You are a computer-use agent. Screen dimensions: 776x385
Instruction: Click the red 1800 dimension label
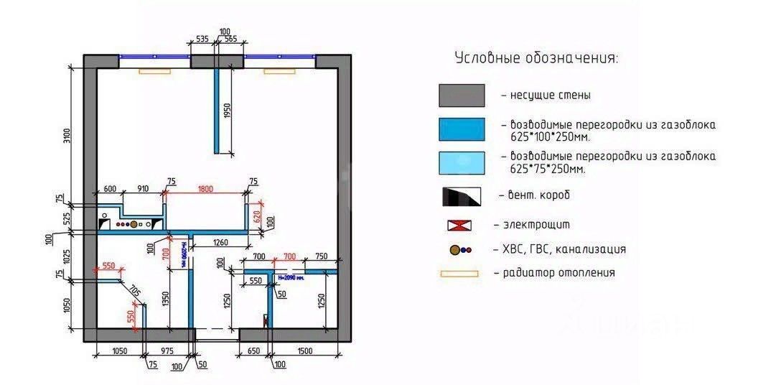coord(206,189)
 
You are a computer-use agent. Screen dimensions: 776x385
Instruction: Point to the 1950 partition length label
coord(227,111)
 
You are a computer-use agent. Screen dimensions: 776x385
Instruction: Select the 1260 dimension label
coord(220,243)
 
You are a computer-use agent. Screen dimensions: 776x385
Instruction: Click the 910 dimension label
coord(143,189)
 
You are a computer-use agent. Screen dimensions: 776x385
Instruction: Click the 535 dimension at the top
coord(202,40)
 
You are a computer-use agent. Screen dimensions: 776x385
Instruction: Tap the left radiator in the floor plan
coord(154,71)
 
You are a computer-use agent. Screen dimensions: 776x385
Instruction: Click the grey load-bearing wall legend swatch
coord(462,96)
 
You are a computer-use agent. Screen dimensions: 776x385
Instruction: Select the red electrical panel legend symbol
coord(462,225)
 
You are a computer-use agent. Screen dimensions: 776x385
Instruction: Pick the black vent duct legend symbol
coord(462,195)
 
